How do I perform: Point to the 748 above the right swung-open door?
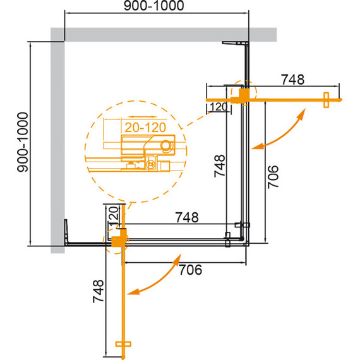tap(293, 80)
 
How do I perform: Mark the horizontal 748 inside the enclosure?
tap(186, 218)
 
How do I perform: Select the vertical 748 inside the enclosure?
tap(218, 167)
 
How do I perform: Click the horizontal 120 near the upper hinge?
tap(218, 107)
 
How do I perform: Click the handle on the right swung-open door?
tap(327, 100)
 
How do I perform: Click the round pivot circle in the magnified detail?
tap(166, 146)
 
